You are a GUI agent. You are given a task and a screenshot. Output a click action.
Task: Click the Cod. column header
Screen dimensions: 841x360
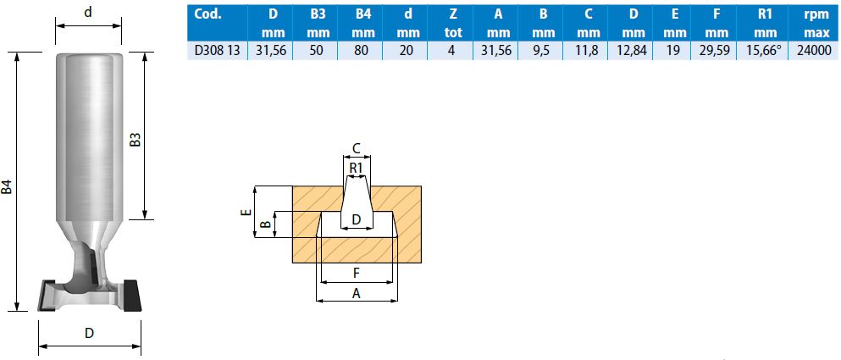pos(207,14)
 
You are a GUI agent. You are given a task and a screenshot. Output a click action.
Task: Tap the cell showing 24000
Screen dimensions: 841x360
pos(814,51)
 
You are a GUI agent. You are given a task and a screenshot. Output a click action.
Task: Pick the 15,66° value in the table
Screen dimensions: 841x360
pos(765,51)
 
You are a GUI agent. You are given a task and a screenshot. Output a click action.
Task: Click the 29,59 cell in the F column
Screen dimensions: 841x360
pos(717,51)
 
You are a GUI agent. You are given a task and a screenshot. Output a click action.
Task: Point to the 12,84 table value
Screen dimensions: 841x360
pos(634,51)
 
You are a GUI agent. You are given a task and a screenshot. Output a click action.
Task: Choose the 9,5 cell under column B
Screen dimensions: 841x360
pos(544,51)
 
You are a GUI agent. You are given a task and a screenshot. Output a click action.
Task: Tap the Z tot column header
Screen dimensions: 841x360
pos(452,24)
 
